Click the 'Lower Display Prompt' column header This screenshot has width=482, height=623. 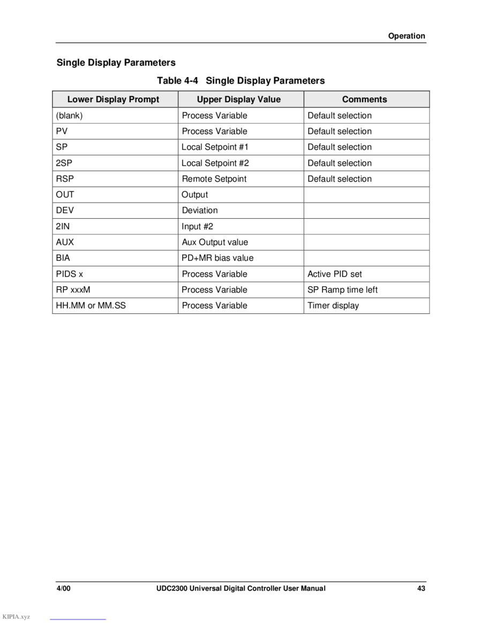click(x=113, y=99)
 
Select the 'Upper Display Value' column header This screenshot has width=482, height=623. click(x=238, y=99)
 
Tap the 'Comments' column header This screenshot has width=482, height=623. click(x=364, y=99)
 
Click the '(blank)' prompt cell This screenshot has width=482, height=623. click(x=69, y=116)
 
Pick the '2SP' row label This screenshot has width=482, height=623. click(x=64, y=163)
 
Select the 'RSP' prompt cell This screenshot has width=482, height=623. click(x=65, y=179)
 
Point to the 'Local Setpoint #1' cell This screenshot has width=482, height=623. click(x=215, y=147)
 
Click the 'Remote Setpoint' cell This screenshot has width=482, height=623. click(x=214, y=179)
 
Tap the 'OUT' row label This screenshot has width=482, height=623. click(x=65, y=195)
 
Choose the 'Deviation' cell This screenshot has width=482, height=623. click(x=200, y=210)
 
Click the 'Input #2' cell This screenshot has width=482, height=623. click(x=197, y=226)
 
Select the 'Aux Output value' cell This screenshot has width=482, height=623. click(x=215, y=242)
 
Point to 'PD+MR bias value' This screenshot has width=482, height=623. click(x=217, y=258)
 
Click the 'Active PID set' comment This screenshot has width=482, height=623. click(x=335, y=274)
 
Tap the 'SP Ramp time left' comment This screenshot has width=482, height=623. click(x=342, y=290)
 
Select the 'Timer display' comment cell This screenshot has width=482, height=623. click(x=333, y=305)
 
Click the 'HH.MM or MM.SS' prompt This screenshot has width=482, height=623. click(x=91, y=305)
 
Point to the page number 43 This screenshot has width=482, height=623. click(x=421, y=589)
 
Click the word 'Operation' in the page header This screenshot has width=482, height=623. click(x=406, y=36)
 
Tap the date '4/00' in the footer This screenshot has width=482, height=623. click(x=64, y=589)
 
